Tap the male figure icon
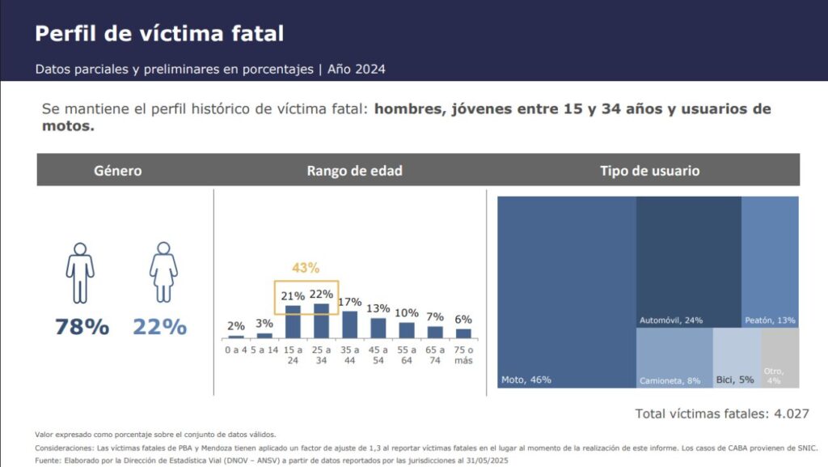(80, 272)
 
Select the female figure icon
(163, 272)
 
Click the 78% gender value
(82, 327)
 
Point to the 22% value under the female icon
(160, 327)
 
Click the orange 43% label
(305, 268)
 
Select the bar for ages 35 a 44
(349, 324)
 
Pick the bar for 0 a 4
(236, 336)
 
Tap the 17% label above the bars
(349, 302)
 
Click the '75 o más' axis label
(463, 354)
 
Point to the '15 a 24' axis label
(293, 354)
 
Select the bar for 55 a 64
(407, 329)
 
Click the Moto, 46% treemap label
(526, 380)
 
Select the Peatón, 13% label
(770, 321)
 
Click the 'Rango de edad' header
(354, 171)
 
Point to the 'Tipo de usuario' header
(649, 171)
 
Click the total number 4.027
(792, 414)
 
